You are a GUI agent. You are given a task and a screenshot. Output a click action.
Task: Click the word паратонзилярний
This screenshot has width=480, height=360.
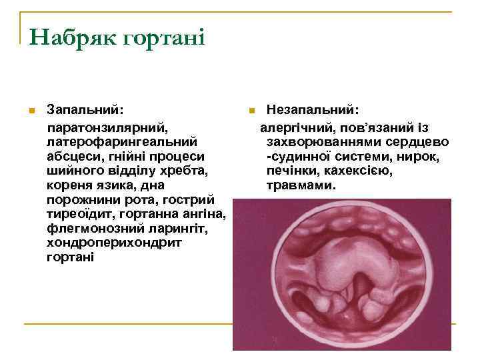pos(107,127)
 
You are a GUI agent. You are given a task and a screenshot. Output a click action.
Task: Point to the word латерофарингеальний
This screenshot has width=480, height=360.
pos(121,141)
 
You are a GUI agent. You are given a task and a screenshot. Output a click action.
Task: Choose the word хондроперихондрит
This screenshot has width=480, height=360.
pos(114,244)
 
